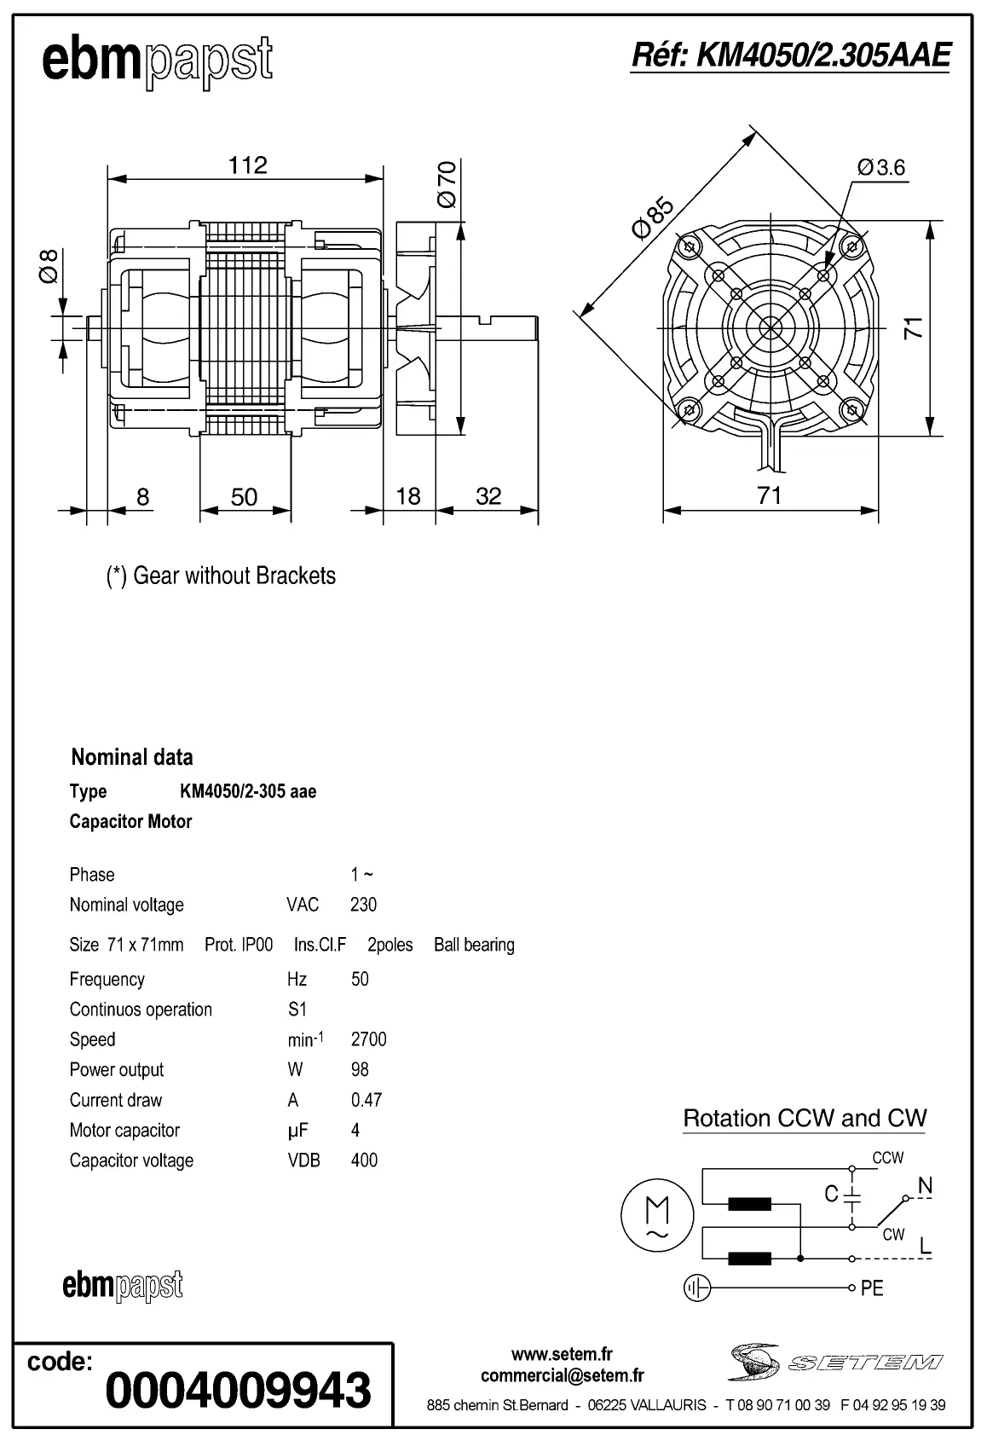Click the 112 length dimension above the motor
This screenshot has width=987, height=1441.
pyautogui.click(x=247, y=165)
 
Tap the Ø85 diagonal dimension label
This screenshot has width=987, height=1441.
pyautogui.click(x=652, y=217)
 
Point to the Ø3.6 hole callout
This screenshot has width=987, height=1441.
pyautogui.click(x=881, y=167)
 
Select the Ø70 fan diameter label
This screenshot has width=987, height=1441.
pyautogui.click(x=447, y=184)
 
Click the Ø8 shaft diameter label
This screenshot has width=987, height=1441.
pyautogui.click(x=49, y=265)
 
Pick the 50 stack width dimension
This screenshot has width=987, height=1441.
pyautogui.click(x=244, y=497)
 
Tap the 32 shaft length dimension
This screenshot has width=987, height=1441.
pyautogui.click(x=488, y=496)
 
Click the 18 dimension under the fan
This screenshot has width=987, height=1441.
pyautogui.click(x=408, y=496)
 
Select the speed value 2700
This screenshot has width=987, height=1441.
pyautogui.click(x=368, y=1039)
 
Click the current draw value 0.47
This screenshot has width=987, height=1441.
pyautogui.click(x=367, y=1100)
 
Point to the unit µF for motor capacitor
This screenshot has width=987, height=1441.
pyautogui.click(x=297, y=1131)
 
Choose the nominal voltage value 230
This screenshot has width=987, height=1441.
pyautogui.click(x=363, y=905)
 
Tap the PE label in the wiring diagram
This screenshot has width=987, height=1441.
pyautogui.click(x=872, y=1288)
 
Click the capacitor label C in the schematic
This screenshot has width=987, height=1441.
pyautogui.click(x=832, y=1194)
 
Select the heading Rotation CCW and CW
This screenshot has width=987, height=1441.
pyautogui.click(x=805, y=1119)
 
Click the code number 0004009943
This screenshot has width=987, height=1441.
pyautogui.click(x=238, y=1390)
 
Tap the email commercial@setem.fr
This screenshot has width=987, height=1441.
pyautogui.click(x=563, y=1375)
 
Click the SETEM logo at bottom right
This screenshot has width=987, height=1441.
pyautogui.click(x=835, y=1363)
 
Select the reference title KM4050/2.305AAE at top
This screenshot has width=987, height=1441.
pyautogui.click(x=789, y=55)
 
